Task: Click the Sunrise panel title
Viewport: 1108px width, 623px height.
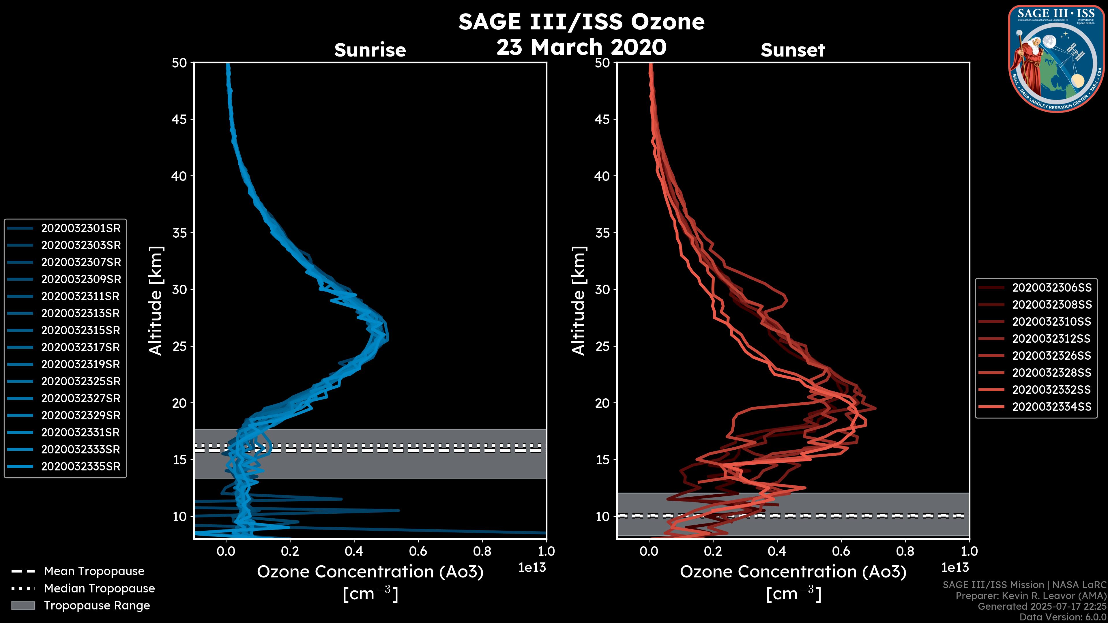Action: click(370, 50)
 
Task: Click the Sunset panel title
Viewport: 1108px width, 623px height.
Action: click(793, 50)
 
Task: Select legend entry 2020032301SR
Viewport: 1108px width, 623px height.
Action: click(81, 228)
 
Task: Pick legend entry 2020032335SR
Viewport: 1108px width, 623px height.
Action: click(81, 466)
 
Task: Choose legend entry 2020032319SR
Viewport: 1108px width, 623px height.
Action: click(81, 364)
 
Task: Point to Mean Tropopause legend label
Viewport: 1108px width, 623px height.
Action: click(94, 571)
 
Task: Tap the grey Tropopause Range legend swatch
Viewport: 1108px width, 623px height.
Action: click(23, 605)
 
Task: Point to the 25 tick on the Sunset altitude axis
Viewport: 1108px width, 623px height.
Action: click(602, 346)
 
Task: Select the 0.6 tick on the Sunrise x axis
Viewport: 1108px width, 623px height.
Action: click(418, 551)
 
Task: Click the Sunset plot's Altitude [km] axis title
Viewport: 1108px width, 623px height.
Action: click(579, 301)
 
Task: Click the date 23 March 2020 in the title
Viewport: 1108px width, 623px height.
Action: click(581, 47)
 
